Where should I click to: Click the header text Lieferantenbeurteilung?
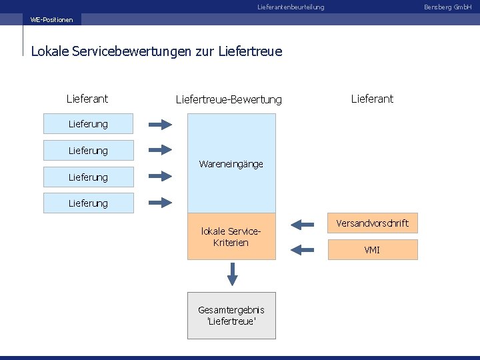pyautogui.click(x=291, y=7)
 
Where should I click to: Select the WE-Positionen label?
pyautogui.click(x=52, y=19)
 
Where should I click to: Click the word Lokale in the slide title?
pyautogui.click(x=49, y=51)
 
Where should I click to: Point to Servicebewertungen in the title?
pyautogui.click(x=129, y=51)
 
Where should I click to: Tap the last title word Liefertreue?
pyautogui.click(x=250, y=51)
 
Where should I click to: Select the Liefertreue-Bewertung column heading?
pyautogui.click(x=229, y=99)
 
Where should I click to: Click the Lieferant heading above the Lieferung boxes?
pyautogui.click(x=87, y=99)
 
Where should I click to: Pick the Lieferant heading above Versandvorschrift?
pyautogui.click(x=373, y=99)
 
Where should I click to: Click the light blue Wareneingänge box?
pyautogui.click(x=231, y=163)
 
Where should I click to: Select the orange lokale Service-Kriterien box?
pyautogui.click(x=231, y=237)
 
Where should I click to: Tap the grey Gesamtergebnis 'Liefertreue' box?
pyautogui.click(x=231, y=315)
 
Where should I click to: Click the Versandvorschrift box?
pyautogui.click(x=373, y=223)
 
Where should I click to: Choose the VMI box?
pyautogui.click(x=373, y=250)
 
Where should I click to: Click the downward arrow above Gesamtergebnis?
pyautogui.click(x=232, y=273)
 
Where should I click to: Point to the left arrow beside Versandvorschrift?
pyautogui.click(x=303, y=223)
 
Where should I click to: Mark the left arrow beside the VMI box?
pyautogui.click(x=303, y=249)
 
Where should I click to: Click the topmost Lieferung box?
pyautogui.click(x=89, y=123)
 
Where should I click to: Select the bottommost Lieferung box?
pyautogui.click(x=89, y=203)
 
